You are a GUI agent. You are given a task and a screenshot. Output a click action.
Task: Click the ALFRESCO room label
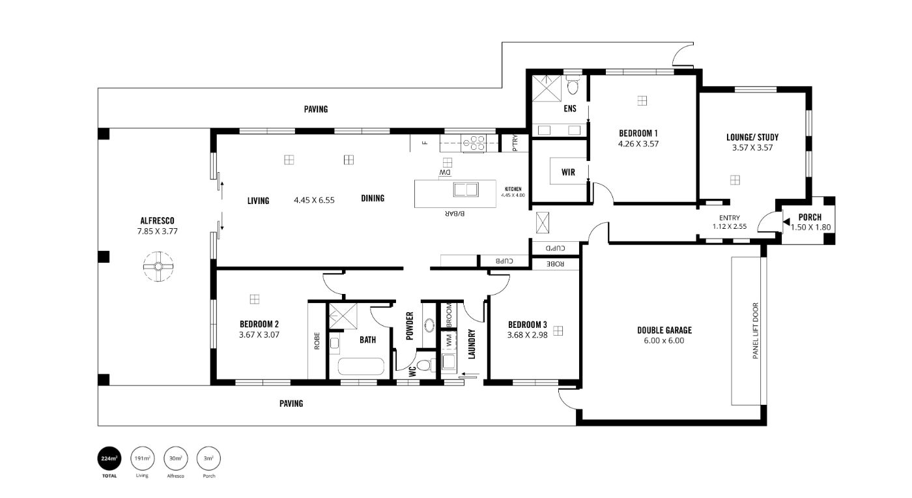point(157,221)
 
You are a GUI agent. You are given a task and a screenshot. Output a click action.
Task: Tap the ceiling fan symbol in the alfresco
point(158,267)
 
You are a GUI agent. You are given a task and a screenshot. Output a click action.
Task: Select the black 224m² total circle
point(109,458)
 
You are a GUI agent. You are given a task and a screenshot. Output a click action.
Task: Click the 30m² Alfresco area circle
point(175,458)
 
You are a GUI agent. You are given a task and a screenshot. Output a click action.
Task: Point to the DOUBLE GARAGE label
point(664,330)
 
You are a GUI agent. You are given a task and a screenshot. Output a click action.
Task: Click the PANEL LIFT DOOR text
point(756,330)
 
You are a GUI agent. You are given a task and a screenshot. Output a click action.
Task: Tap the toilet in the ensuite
point(573,85)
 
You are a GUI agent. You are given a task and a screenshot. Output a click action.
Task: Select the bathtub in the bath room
point(361,366)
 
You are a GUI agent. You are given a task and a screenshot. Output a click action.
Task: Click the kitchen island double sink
point(466,190)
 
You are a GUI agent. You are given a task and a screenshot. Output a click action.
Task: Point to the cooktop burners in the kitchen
point(474,143)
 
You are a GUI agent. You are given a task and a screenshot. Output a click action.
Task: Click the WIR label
point(568,172)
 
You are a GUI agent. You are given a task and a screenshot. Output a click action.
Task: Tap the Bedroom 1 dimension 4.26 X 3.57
point(638,144)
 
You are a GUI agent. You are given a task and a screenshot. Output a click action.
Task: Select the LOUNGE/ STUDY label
point(752,138)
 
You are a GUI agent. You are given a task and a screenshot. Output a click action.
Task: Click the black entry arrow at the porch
point(787,222)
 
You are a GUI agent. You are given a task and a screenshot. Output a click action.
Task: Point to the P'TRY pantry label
point(515,143)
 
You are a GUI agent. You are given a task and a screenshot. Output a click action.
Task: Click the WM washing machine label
point(449,341)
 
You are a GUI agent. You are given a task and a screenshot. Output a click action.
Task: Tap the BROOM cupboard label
point(449,315)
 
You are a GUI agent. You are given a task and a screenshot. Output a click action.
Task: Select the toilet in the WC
point(425,365)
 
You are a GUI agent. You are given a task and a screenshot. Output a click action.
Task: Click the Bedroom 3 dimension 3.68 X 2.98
point(527,336)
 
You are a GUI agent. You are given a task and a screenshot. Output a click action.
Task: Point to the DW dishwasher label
point(446,173)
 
